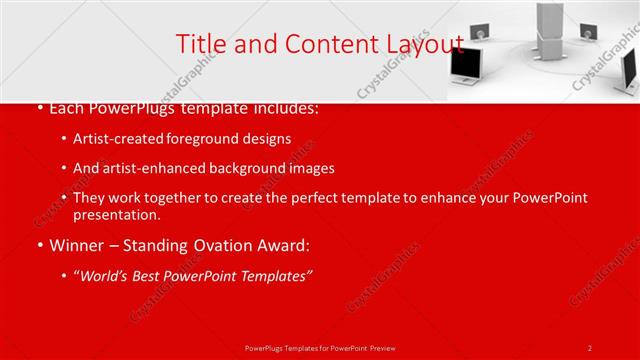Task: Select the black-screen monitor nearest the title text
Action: [464, 64]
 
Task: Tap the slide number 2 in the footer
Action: [590, 347]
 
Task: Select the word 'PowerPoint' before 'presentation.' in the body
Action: [552, 198]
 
